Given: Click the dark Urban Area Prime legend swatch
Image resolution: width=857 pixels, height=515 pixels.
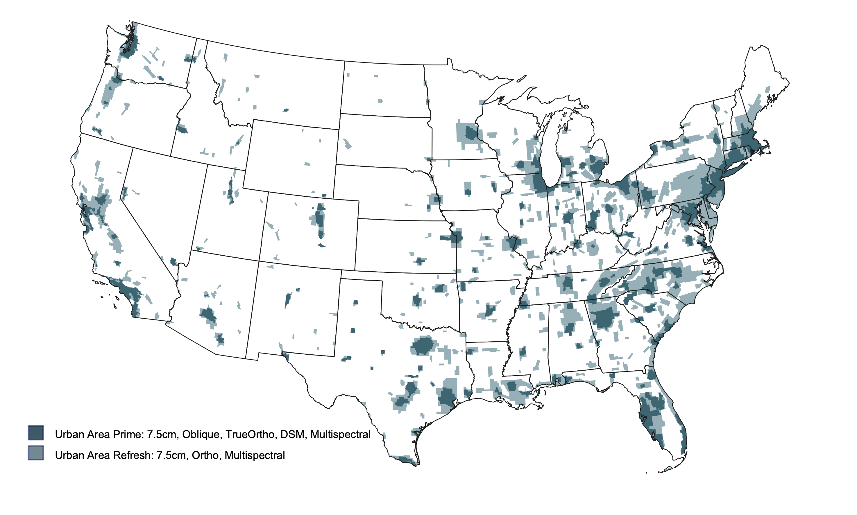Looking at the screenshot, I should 36,433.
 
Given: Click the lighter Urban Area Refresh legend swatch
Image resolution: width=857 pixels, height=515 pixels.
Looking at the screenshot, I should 36,453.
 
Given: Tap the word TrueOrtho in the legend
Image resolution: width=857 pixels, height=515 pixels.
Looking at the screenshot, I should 250,435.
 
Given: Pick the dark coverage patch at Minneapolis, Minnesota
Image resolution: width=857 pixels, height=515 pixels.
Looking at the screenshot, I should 471,133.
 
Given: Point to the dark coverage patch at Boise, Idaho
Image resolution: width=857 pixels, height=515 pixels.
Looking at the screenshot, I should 182,130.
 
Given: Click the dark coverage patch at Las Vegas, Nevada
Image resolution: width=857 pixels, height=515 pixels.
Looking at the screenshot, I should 173,261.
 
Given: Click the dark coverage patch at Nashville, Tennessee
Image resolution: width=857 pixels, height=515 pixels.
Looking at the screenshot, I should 567,282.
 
